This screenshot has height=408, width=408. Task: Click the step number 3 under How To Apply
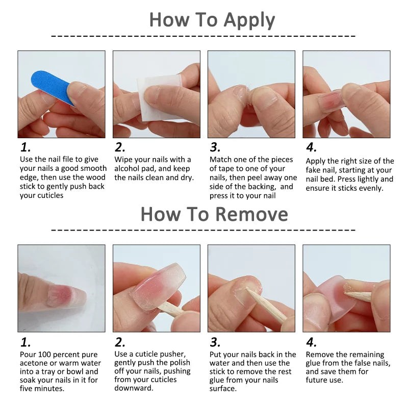pos(215,148)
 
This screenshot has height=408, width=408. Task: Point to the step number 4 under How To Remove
pos(311,342)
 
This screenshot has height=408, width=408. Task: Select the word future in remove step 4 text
pos(318,380)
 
